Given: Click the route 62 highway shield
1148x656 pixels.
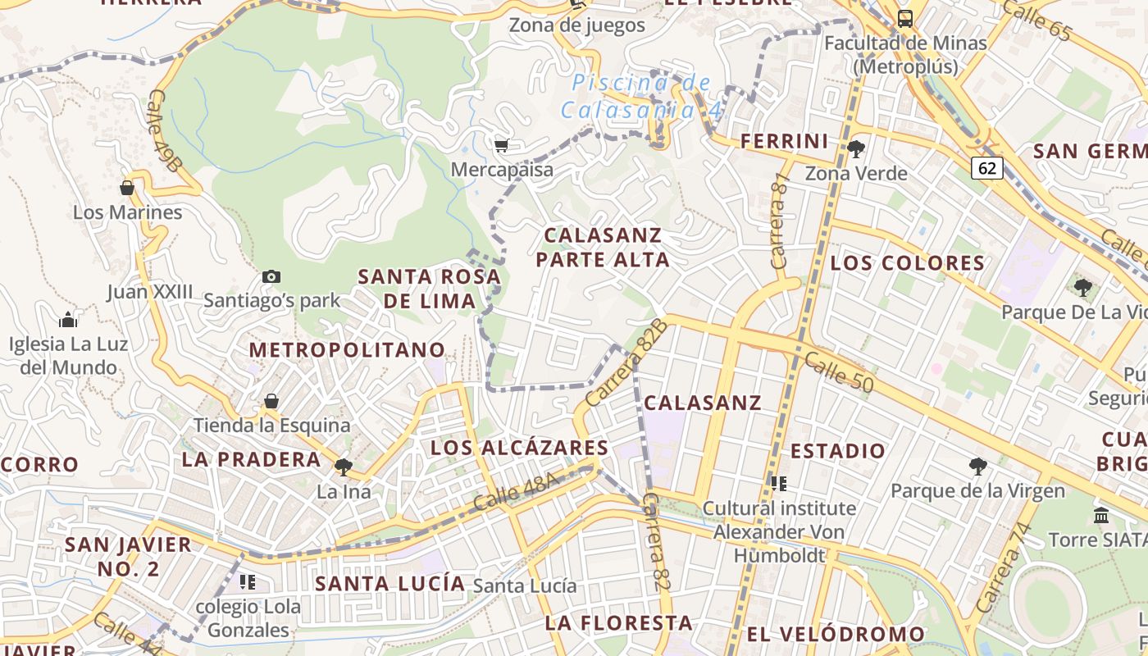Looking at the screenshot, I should click(987, 168).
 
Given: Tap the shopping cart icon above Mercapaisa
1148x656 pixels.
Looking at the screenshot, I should click(501, 145).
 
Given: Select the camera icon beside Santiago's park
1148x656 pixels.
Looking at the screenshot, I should click(271, 276).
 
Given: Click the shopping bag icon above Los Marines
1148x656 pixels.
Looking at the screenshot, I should click(127, 188).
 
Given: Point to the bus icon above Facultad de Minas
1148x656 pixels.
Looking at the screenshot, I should click(905, 18).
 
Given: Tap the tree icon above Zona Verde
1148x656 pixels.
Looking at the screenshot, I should click(856, 148).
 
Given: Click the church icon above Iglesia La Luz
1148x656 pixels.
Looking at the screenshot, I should click(68, 319).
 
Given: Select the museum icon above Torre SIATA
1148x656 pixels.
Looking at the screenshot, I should click(1101, 515).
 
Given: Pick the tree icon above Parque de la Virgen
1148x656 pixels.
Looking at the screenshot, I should click(977, 467).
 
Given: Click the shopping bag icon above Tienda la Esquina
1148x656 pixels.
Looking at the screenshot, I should click(271, 401).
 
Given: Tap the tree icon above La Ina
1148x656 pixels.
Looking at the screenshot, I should click(343, 467).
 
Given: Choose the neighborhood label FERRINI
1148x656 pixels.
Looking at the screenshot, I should click(785, 141).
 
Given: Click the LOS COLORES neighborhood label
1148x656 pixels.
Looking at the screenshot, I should click(907, 263).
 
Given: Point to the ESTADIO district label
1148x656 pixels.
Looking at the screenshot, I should click(838, 451).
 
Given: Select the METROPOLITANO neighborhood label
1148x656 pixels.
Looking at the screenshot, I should click(347, 350).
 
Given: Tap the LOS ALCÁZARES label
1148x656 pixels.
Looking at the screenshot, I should click(519, 448).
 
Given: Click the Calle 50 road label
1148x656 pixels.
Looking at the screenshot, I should click(838, 371).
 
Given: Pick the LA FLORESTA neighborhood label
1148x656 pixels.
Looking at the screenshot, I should click(618, 623).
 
